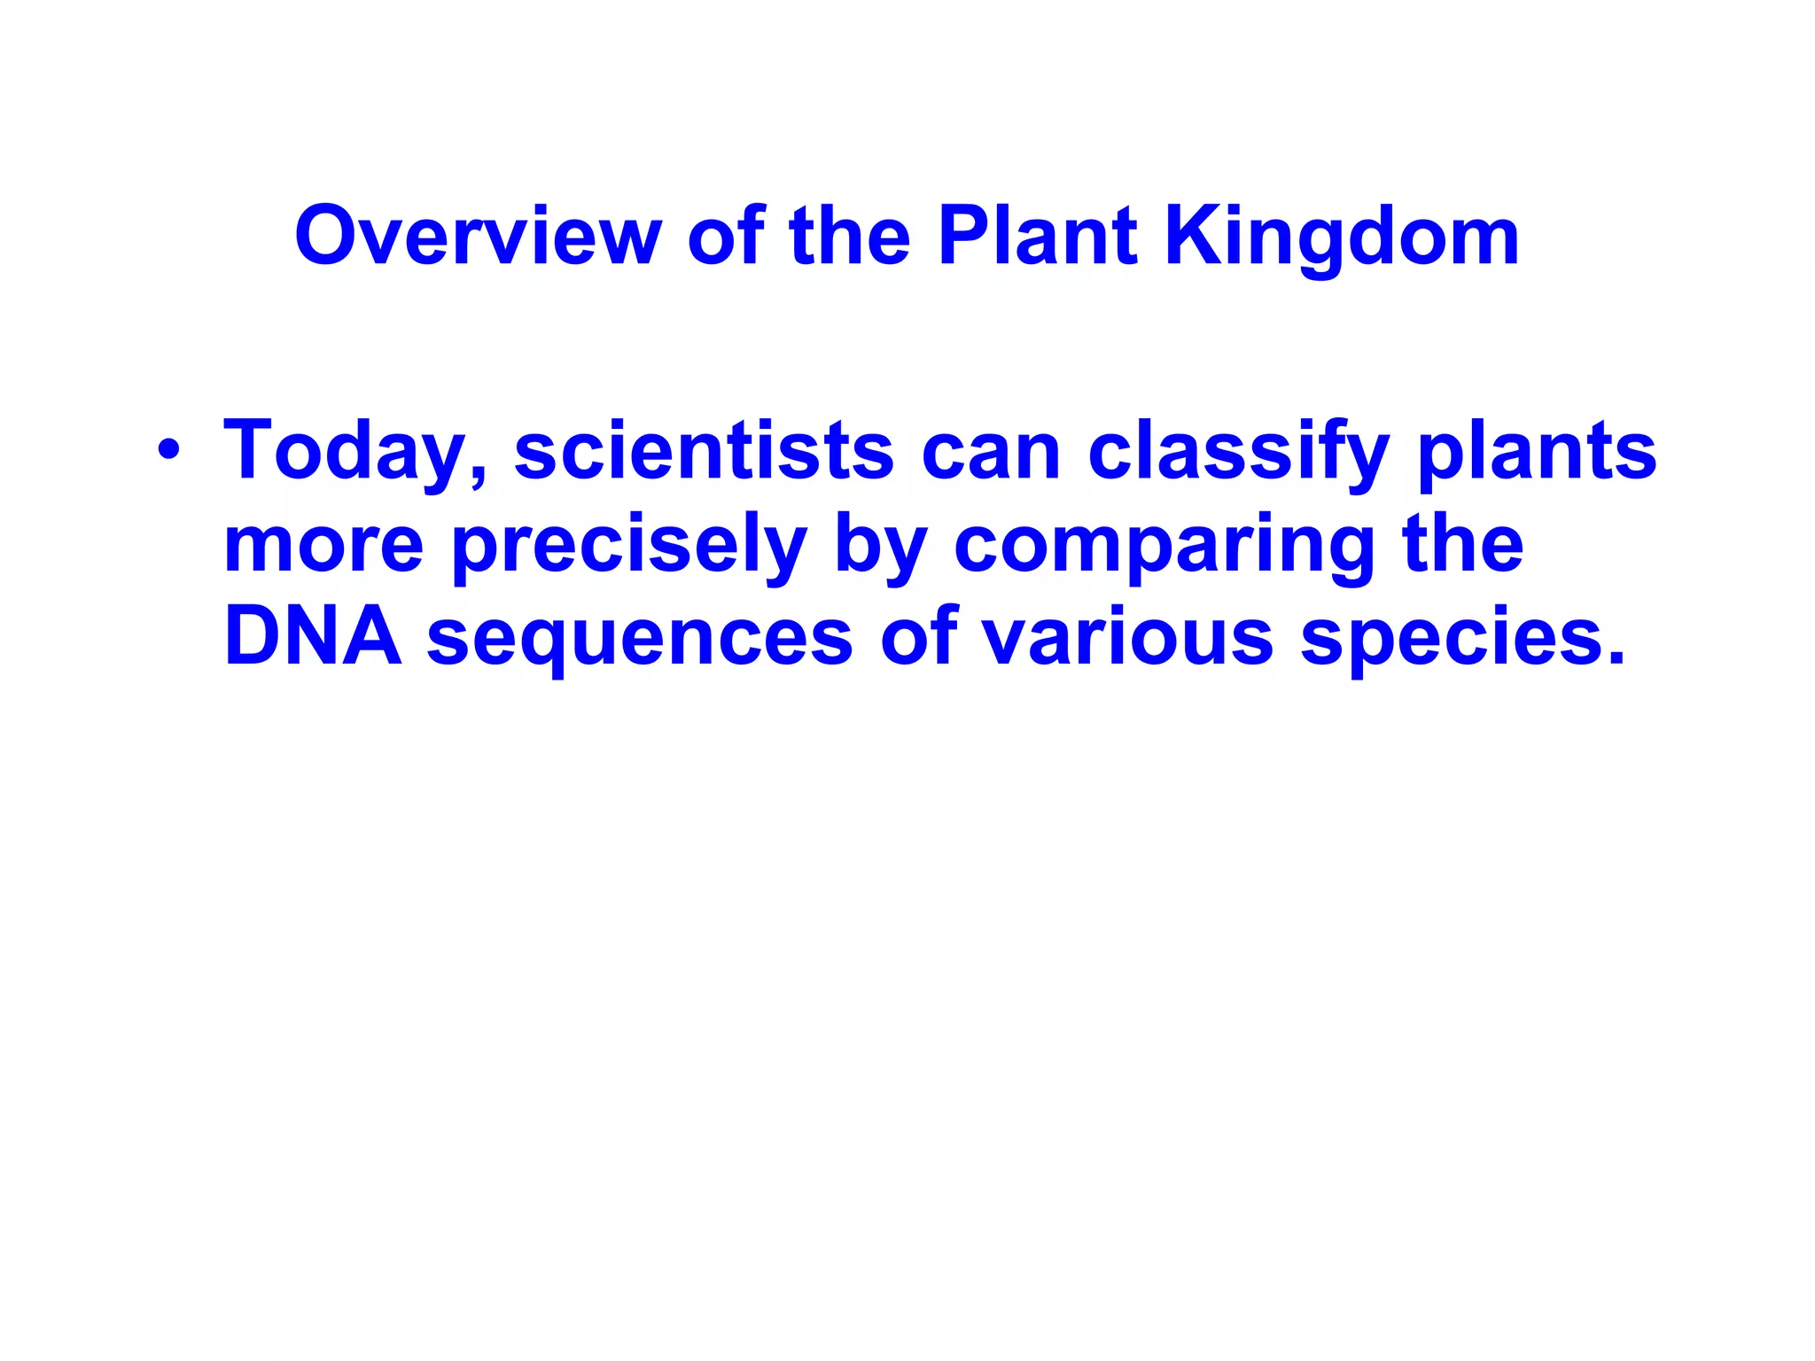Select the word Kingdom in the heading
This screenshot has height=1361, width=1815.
point(1342,237)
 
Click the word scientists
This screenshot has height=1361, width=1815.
point(704,452)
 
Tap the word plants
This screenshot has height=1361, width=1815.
point(1537,452)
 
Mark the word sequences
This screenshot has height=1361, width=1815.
point(639,638)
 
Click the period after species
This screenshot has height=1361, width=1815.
point(1615,658)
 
